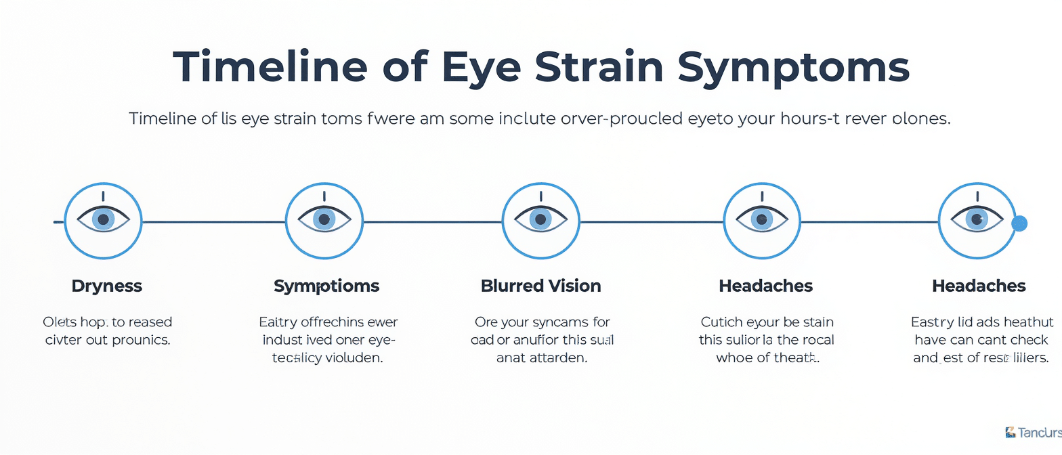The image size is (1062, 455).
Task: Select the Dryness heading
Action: click(x=107, y=286)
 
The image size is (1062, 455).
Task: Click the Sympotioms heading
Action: click(x=326, y=286)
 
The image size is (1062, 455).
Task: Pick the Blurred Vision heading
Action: click(x=540, y=286)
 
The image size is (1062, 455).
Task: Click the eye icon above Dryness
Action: click(x=103, y=220)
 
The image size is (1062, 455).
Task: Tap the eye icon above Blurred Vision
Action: click(x=540, y=220)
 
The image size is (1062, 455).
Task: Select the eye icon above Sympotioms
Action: click(x=324, y=220)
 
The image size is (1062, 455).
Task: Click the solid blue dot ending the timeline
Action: click(x=1019, y=223)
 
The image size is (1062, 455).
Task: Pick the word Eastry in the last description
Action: click(x=932, y=322)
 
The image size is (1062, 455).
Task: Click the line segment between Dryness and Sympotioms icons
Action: click(x=213, y=221)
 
